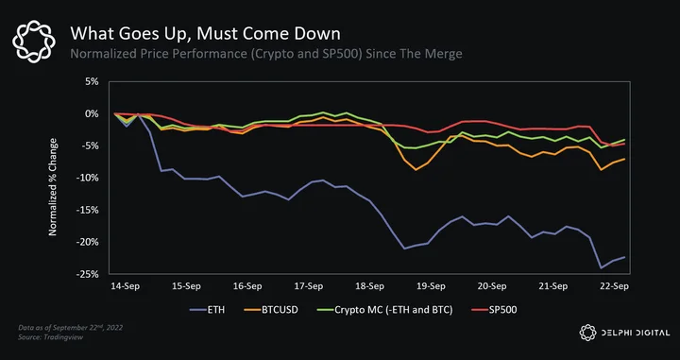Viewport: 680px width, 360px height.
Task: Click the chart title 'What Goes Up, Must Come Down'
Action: click(206, 34)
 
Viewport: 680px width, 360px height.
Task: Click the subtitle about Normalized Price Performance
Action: click(266, 54)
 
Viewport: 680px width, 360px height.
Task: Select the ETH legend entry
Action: click(207, 310)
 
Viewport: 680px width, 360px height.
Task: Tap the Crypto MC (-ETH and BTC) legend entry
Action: click(382, 310)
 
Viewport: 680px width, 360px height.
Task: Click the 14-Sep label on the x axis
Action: click(126, 286)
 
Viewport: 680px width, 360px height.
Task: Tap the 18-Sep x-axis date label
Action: click(369, 286)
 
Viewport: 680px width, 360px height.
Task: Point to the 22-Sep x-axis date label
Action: click(614, 286)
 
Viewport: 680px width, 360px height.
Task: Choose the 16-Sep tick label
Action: click(247, 286)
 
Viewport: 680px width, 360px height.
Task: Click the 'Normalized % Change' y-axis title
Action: click(53, 187)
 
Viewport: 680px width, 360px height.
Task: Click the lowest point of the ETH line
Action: click(601, 268)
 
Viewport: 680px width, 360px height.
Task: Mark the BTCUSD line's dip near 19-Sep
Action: click(416, 169)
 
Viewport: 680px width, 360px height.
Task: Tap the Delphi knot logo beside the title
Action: click(34, 42)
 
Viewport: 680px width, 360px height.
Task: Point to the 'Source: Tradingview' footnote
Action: click(50, 337)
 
